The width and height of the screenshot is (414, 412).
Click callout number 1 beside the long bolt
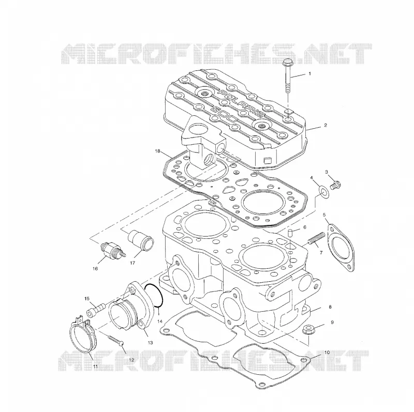click(309, 73)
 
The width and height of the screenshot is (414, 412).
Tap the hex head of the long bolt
click(287, 63)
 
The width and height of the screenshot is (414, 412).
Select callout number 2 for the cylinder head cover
click(326, 125)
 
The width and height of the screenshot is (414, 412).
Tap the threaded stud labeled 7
click(316, 238)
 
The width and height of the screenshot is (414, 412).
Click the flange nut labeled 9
click(307, 329)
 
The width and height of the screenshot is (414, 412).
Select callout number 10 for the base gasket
click(327, 353)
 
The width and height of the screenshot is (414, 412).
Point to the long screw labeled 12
click(115, 340)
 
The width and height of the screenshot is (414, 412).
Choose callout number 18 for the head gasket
click(158, 151)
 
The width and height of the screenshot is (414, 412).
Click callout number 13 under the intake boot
click(150, 343)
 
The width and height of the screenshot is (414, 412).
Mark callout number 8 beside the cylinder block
click(330, 307)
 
